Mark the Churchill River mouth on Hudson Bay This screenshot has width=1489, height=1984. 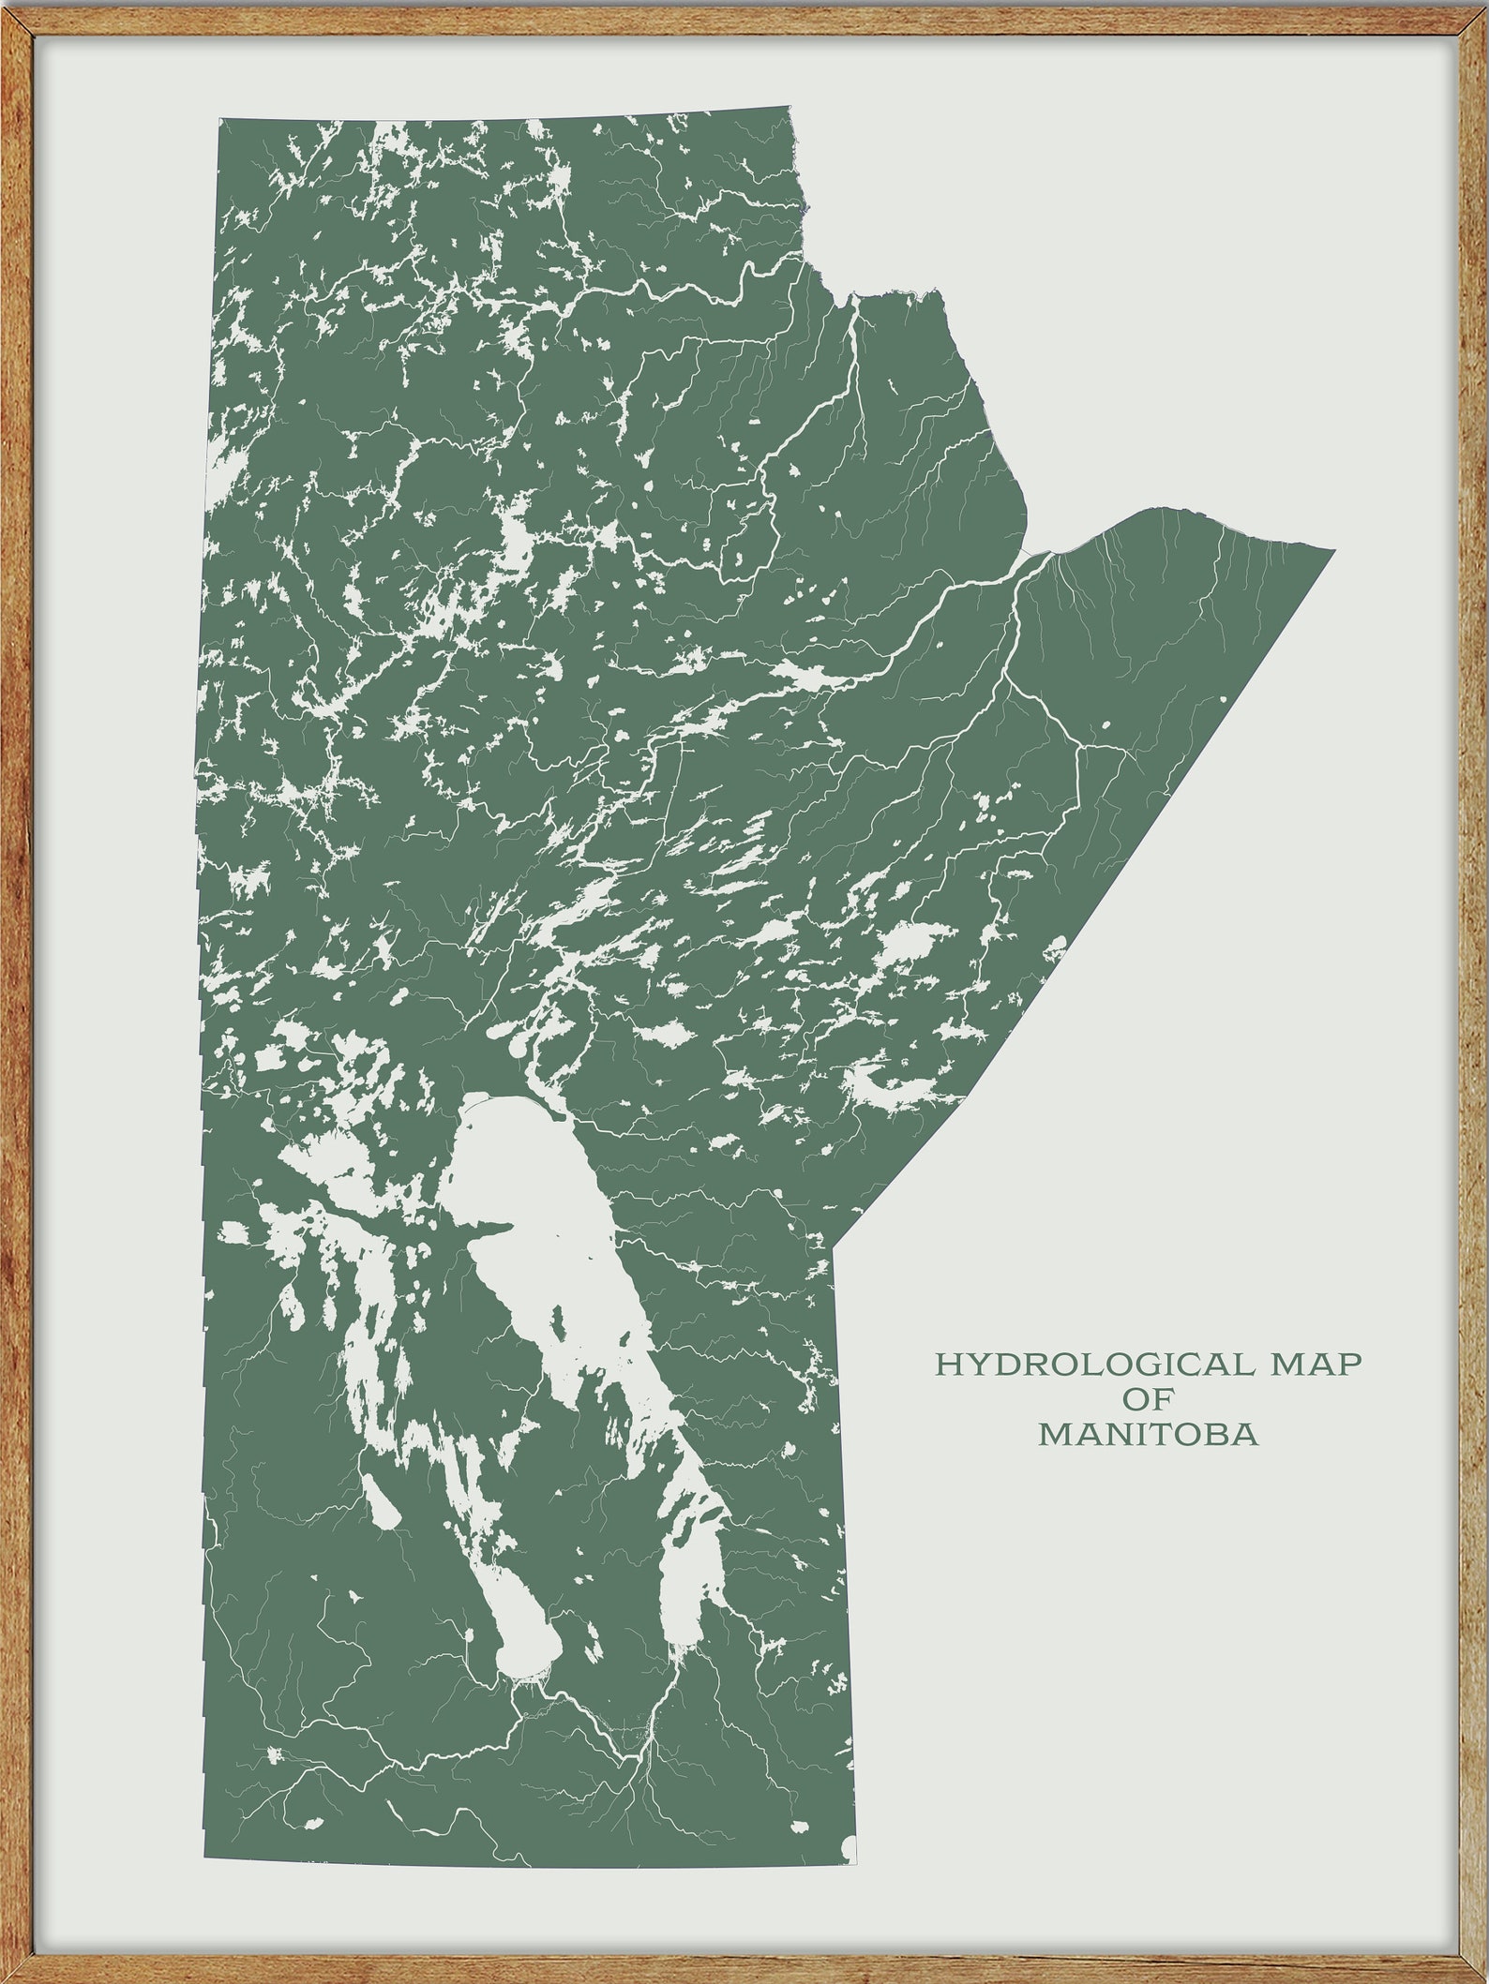point(853,298)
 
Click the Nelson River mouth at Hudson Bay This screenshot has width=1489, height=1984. point(1045,555)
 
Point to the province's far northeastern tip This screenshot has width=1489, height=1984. point(1332,551)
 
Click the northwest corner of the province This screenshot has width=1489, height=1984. point(220,120)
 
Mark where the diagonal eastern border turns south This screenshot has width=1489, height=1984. point(835,1246)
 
